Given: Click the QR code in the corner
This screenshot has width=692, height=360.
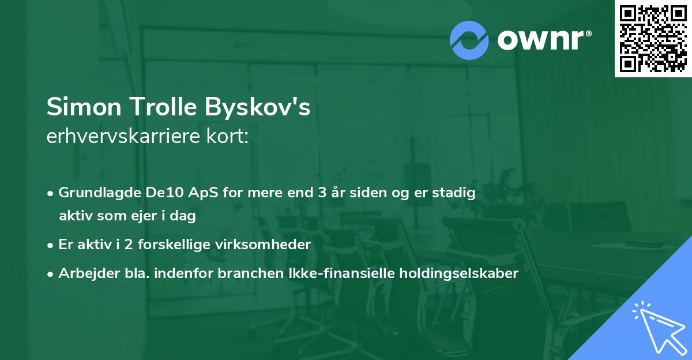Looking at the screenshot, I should pyautogui.click(x=653, y=39).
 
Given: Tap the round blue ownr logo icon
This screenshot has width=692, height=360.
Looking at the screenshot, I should pyautogui.click(x=469, y=40).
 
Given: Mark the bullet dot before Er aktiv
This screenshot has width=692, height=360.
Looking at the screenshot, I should pyautogui.click(x=51, y=245).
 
